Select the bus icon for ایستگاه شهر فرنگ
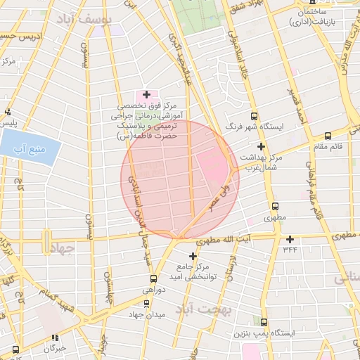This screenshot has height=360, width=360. tap(254, 117)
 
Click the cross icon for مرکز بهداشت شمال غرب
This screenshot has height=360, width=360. tap(261, 147)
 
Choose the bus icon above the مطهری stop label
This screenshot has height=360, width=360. tap(275, 207)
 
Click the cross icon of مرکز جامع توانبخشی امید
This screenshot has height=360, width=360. tap(193, 256)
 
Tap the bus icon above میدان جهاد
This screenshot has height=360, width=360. tap(146, 304)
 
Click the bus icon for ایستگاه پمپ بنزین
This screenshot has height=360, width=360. tap(264, 321)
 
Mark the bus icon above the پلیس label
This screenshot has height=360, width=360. tap(8, 112)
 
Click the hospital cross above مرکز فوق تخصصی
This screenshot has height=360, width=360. tap(146, 94)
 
